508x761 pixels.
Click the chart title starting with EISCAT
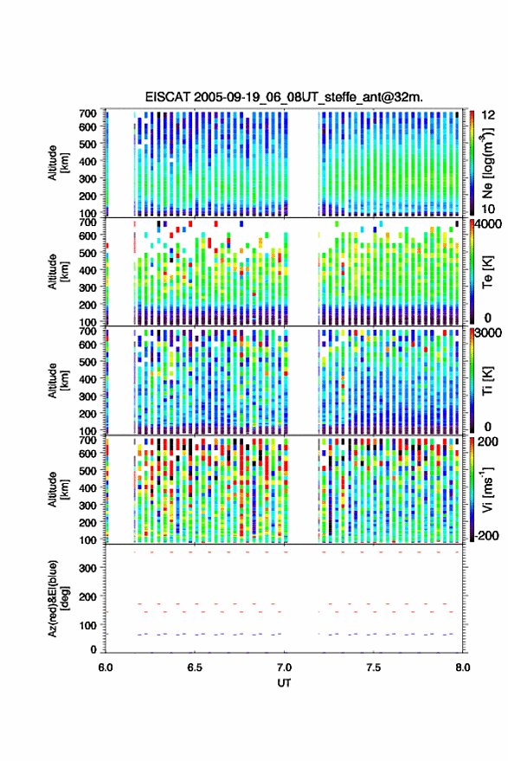pos(284,97)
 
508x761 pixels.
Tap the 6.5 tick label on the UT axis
pos(195,667)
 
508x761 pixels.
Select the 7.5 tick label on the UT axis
pos(374,667)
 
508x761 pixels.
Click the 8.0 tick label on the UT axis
pos(463,667)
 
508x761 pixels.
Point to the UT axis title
pos(284,683)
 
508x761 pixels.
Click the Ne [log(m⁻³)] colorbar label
pos(487,163)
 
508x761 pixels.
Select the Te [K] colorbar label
pos(487,272)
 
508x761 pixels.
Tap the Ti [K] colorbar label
pos(487,381)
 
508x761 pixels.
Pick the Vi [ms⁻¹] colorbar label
pos(487,489)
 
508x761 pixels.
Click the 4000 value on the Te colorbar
pos(488,224)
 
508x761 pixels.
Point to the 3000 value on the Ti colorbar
pos(488,333)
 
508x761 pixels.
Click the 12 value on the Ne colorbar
pos(488,115)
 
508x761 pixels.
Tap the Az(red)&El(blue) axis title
pos(58,598)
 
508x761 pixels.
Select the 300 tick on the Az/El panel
pos(87,568)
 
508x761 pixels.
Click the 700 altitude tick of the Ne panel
pos(87,113)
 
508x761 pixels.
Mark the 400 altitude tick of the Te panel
pos(87,270)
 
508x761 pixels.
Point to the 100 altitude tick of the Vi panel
pos(87,539)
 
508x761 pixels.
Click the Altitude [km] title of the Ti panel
pos(58,381)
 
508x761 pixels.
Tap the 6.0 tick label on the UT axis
pos(106,667)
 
